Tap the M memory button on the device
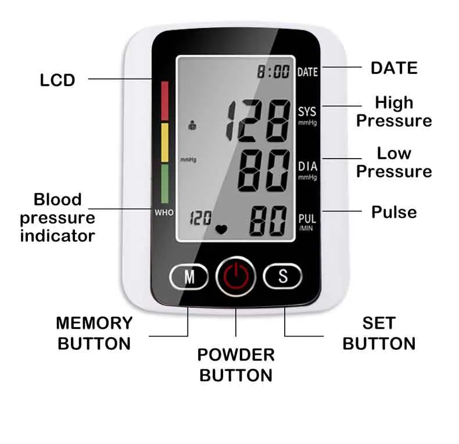[x=189, y=277]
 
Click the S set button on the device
[x=282, y=276]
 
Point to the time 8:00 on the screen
[x=274, y=72]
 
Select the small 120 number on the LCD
[x=200, y=219]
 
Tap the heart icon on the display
[x=221, y=228]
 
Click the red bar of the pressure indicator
[x=164, y=101]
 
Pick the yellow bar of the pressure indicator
[x=164, y=142]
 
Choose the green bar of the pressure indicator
[x=164, y=183]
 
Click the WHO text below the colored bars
[x=164, y=213]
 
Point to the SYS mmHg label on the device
[x=307, y=114]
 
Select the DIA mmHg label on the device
[x=307, y=170]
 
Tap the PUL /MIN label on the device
[x=307, y=222]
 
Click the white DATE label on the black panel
[x=307, y=72]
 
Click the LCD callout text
[x=58, y=80]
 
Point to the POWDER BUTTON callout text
[x=235, y=365]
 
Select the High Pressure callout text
[x=394, y=112]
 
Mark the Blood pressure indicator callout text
[x=58, y=217]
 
